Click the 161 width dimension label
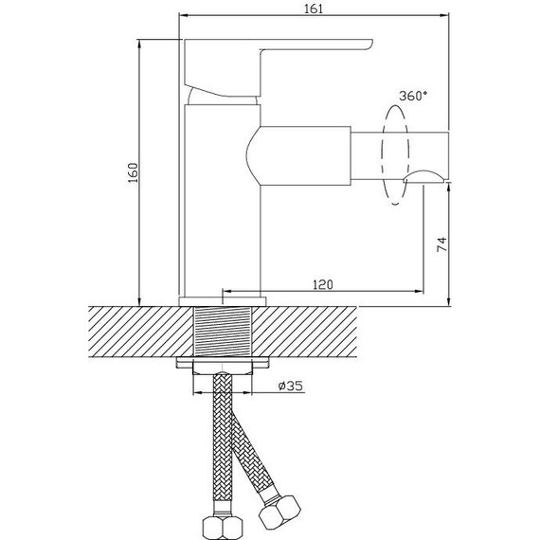click(x=314, y=9)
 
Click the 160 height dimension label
click(x=133, y=172)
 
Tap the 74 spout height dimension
click(x=441, y=244)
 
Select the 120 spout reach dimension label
click(x=323, y=285)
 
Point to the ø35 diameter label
click(x=291, y=387)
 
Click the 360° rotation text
click(x=413, y=96)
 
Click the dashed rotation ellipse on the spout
click(x=382, y=155)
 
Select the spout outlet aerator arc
click(x=423, y=176)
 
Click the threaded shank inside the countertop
click(x=223, y=332)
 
